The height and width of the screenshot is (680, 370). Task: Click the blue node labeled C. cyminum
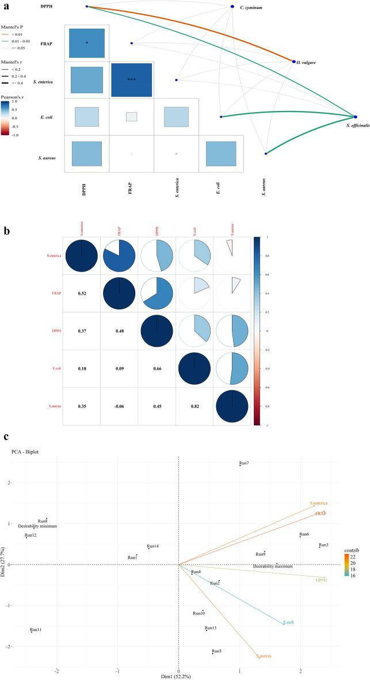(x=231, y=6)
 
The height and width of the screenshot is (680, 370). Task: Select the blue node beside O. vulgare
(x=294, y=62)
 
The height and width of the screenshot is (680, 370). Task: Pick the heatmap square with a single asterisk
(x=86, y=43)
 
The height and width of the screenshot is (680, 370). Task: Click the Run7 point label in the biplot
(x=244, y=463)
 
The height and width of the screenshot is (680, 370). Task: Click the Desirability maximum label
(x=273, y=566)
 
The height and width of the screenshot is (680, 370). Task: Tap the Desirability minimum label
(x=37, y=526)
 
